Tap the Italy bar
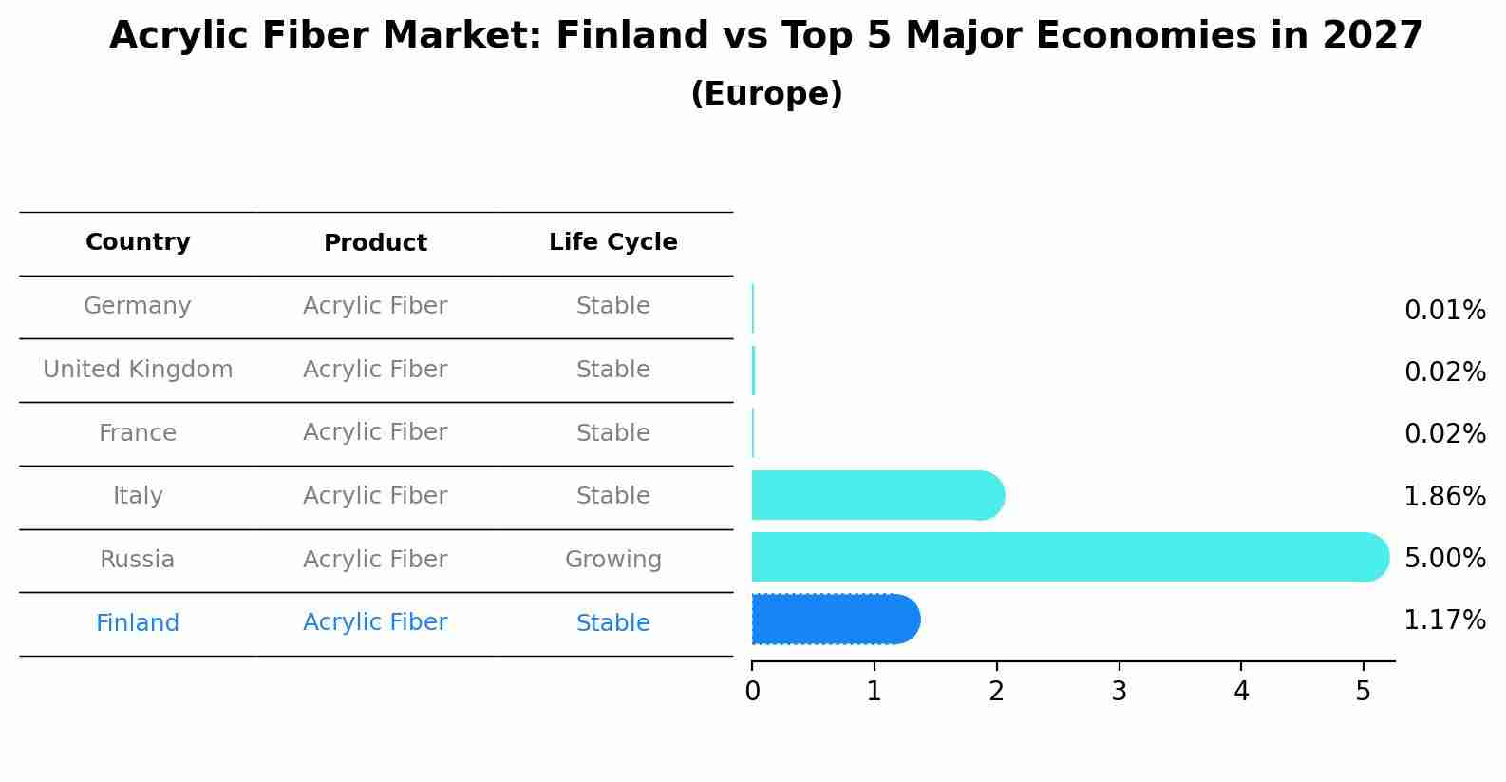[x=874, y=495]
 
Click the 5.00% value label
[x=1444, y=558]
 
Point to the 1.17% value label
[x=1444, y=620]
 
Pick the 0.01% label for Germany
[x=1444, y=311]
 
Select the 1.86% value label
[x=1444, y=496]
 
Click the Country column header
[x=138, y=242]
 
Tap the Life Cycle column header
[x=612, y=242]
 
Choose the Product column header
[x=375, y=243]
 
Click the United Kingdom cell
[x=138, y=370]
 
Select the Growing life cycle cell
[x=612, y=560]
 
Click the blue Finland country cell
[x=138, y=623]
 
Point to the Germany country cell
[x=138, y=306]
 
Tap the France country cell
[x=138, y=433]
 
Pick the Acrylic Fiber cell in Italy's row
[x=375, y=496]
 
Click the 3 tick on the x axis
[x=1119, y=692]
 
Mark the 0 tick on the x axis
[x=752, y=692]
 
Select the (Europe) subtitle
[x=766, y=94]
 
